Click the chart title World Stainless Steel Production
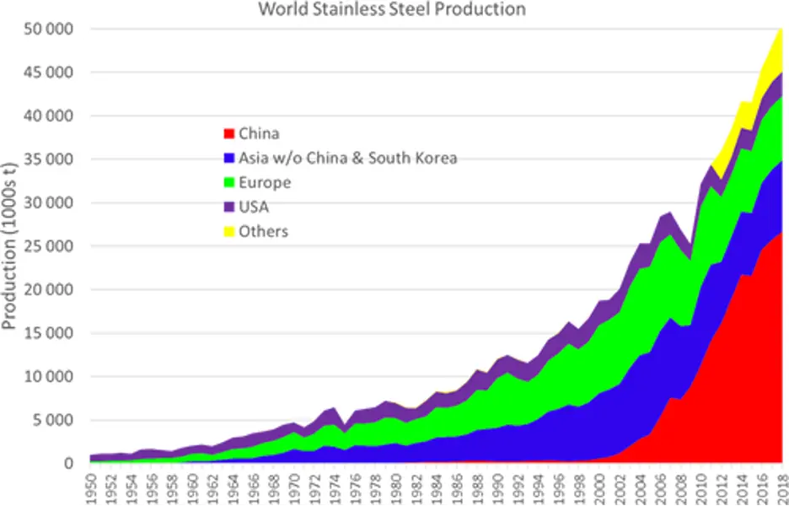(392, 10)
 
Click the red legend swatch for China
(228, 133)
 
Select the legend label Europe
(264, 182)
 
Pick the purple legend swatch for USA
(228, 207)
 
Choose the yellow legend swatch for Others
(228, 232)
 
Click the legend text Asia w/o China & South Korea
(347, 158)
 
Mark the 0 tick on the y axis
(70, 463)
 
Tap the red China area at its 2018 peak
(771, 354)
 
